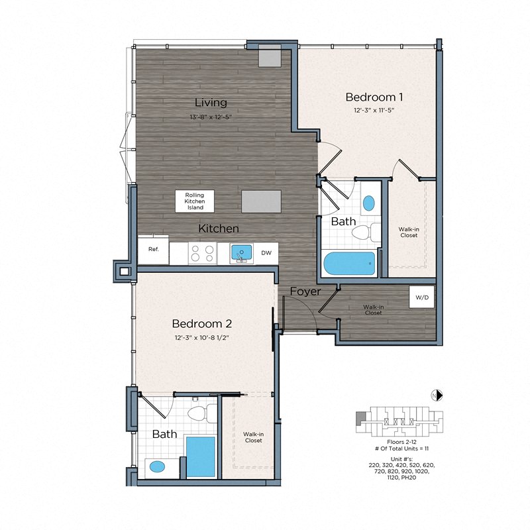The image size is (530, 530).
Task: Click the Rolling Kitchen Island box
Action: click(194, 201)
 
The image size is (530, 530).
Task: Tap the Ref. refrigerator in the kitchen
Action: click(153, 250)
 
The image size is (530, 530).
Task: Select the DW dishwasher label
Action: click(266, 253)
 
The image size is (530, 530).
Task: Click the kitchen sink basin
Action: click(241, 252)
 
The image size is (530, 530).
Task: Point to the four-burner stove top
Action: click(203, 254)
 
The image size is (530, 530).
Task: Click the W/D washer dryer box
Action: click(421, 297)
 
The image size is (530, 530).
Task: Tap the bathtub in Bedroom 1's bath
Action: click(350, 264)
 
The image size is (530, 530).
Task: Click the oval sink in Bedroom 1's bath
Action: click(369, 203)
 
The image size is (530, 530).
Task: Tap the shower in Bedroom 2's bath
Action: click(201, 457)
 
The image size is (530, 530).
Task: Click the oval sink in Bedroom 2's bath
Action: click(157, 467)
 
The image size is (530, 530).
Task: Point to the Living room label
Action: click(211, 103)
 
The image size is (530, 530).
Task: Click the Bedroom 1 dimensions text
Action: click(374, 110)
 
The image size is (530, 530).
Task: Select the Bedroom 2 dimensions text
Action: click(202, 337)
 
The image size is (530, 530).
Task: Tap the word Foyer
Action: click(305, 291)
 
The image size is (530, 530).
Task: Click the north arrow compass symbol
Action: click(437, 395)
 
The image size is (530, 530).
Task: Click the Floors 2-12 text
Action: click(401, 442)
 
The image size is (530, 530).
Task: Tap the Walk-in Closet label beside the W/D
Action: click(373, 310)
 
